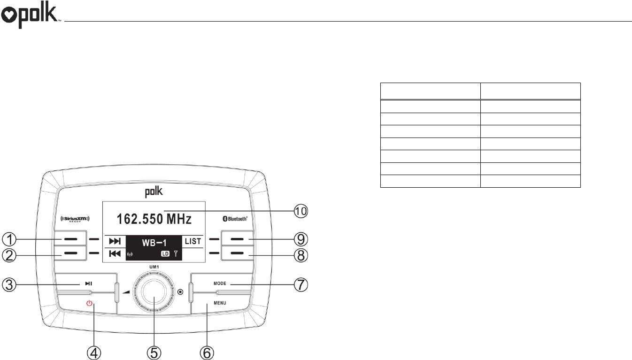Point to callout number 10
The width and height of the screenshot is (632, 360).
pyautogui.click(x=302, y=211)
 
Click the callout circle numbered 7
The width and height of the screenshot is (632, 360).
pyautogui.click(x=301, y=284)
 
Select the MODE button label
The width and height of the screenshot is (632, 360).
pyautogui.click(x=220, y=283)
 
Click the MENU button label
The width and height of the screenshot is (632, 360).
pyautogui.click(x=220, y=303)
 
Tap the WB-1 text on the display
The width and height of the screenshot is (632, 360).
pyautogui.click(x=154, y=242)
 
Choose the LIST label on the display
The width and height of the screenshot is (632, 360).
pyautogui.click(x=193, y=242)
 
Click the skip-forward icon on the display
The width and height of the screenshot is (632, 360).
pyautogui.click(x=115, y=242)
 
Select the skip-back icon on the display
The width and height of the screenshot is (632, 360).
pyautogui.click(x=115, y=254)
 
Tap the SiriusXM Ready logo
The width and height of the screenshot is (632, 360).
pyautogui.click(x=75, y=219)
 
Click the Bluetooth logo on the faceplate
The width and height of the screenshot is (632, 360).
pyautogui.click(x=238, y=219)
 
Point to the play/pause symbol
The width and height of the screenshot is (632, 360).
pyautogui.click(x=88, y=283)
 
